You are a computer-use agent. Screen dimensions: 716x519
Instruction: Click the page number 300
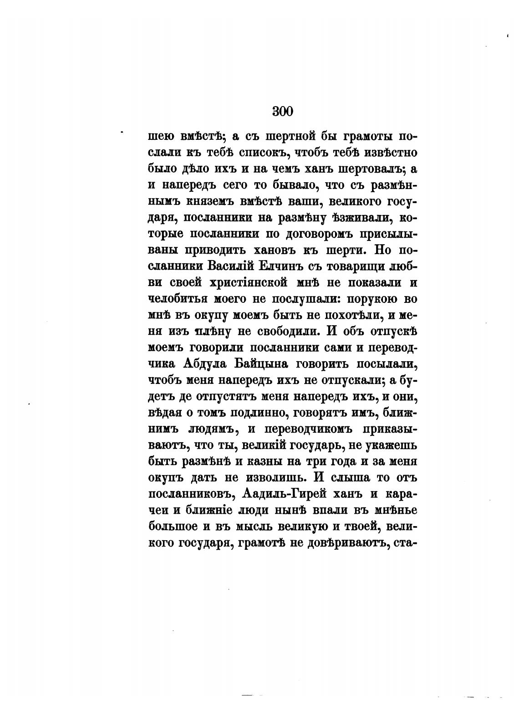[x=282, y=111]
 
